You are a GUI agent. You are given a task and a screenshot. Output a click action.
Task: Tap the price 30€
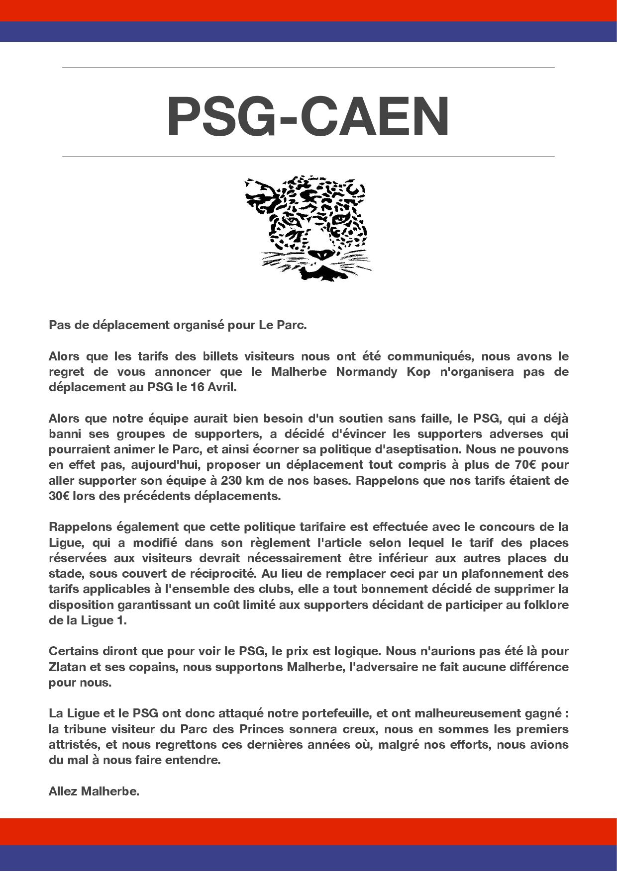59,496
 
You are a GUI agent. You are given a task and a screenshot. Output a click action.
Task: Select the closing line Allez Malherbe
94,791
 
